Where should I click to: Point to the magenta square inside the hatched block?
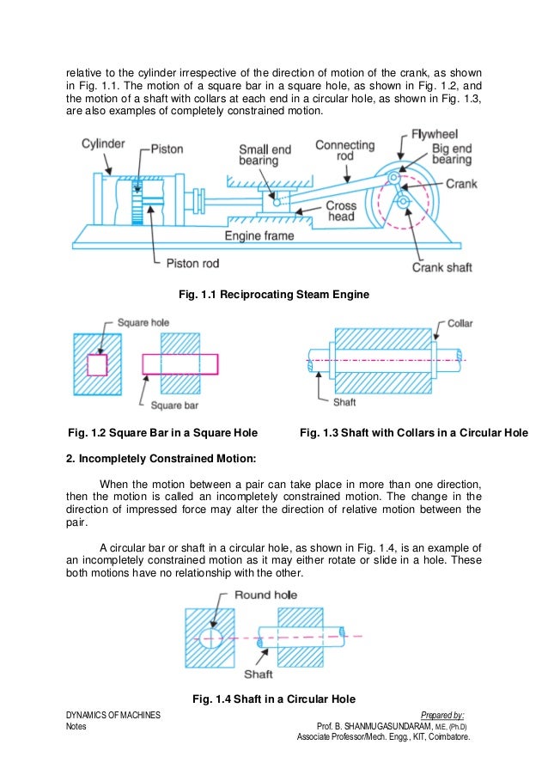97,364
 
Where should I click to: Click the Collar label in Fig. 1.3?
460,323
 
